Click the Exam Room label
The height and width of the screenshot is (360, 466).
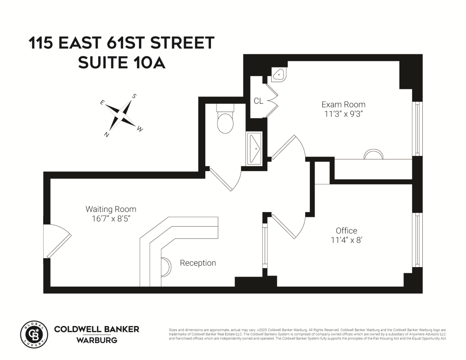tap(343, 104)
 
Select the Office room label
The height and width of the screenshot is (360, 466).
tap(346, 230)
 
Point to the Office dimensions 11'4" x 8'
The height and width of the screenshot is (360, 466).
tap(346, 240)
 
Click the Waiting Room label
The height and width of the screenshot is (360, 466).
tap(111, 209)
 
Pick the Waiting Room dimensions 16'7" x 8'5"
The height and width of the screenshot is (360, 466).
tap(111, 219)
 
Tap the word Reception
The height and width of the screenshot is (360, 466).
tap(198, 263)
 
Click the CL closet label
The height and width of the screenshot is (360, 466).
tap(258, 101)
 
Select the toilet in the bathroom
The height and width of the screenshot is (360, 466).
tap(225, 121)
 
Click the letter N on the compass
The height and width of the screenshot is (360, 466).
tap(107, 135)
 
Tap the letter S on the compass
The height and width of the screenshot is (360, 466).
tap(134, 96)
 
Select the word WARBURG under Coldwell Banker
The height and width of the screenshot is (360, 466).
tap(97, 340)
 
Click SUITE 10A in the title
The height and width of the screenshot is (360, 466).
tap(121, 62)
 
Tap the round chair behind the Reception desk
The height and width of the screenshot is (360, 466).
tap(166, 267)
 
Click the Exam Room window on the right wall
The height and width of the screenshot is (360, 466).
tap(417, 129)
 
